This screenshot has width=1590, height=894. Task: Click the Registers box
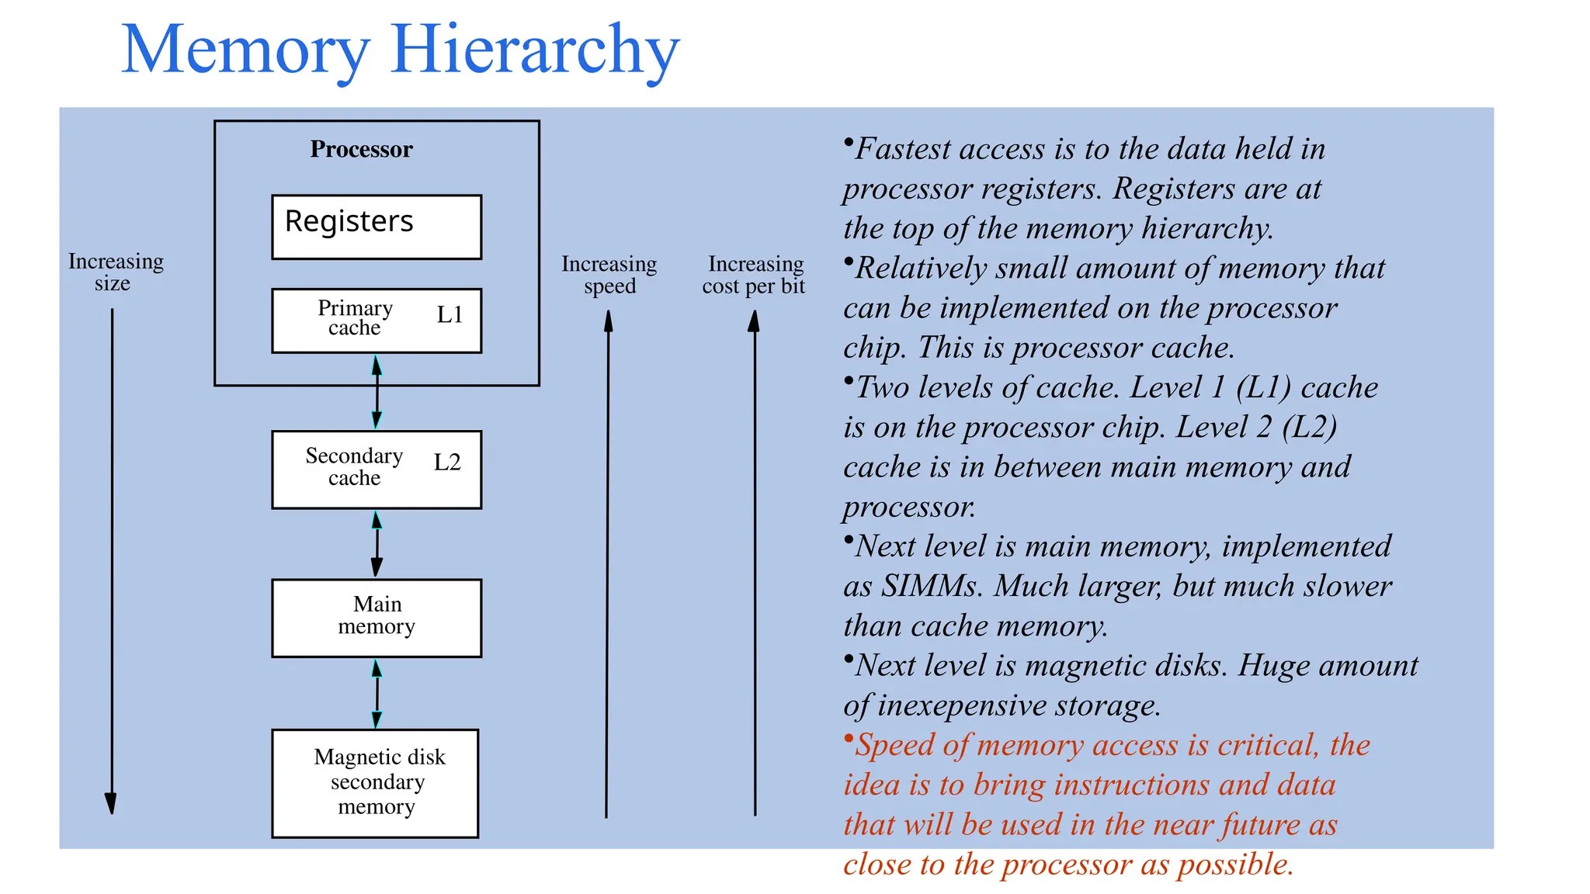[x=376, y=227]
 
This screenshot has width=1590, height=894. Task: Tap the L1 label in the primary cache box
[x=450, y=314]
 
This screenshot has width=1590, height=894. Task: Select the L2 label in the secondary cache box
[x=447, y=463]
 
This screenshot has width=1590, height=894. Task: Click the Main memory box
[x=376, y=618]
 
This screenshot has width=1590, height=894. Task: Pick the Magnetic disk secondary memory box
[x=375, y=782]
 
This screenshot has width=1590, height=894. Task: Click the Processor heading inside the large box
[x=361, y=149]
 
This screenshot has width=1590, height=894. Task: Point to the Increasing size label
[x=116, y=272]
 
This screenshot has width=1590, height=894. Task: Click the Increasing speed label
[x=609, y=275]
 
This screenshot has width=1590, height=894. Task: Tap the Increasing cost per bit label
[x=754, y=275]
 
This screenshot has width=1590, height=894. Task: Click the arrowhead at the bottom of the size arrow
[x=111, y=803]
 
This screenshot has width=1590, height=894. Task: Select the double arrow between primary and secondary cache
[x=377, y=392]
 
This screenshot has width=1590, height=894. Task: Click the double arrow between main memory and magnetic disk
[x=377, y=693]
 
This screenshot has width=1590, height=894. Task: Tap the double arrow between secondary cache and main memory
[x=377, y=543]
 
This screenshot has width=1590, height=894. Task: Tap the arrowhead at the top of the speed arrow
[x=609, y=321]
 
